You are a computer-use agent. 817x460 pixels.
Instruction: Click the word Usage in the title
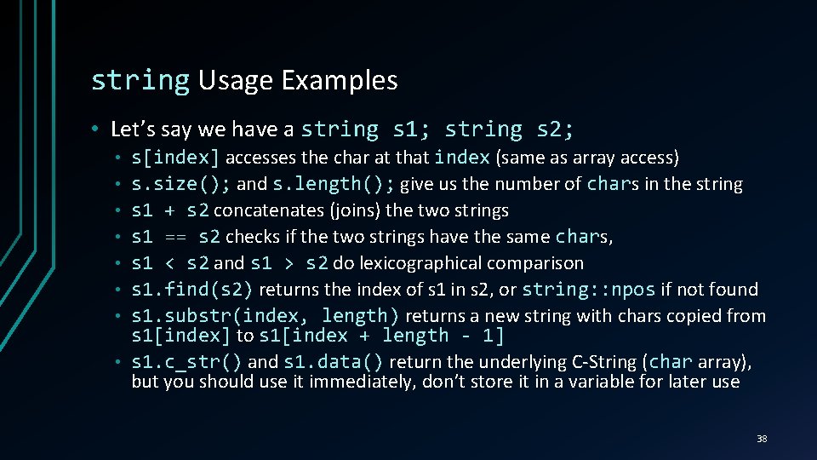pyautogui.click(x=235, y=80)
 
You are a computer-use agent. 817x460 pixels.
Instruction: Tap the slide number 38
pyautogui.click(x=762, y=439)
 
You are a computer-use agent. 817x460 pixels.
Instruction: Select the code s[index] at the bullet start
pyautogui.click(x=175, y=158)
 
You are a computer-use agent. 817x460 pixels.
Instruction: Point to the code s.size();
pyautogui.click(x=180, y=184)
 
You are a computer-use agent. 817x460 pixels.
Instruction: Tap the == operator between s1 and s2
pyautogui.click(x=175, y=237)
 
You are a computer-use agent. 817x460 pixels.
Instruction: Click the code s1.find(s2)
pyautogui.click(x=192, y=290)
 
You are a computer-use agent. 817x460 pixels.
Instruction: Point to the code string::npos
pyautogui.click(x=589, y=290)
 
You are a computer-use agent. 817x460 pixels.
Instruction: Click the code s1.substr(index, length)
pyautogui.click(x=265, y=316)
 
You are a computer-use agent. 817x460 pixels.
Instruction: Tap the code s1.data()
pyautogui.click(x=334, y=362)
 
